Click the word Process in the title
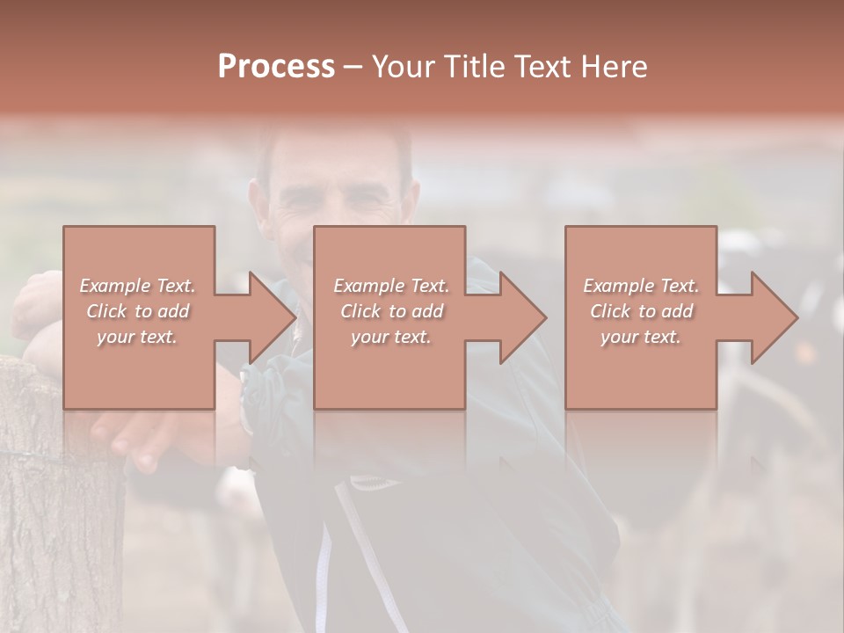pyautogui.click(x=276, y=66)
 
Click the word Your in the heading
pyautogui.click(x=402, y=66)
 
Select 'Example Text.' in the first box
pyautogui.click(x=137, y=286)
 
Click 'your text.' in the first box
pyautogui.click(x=137, y=337)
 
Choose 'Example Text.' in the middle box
pyautogui.click(x=391, y=286)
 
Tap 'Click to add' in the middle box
pyautogui.click(x=391, y=311)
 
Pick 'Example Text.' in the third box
pyautogui.click(x=641, y=286)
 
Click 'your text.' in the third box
pyautogui.click(x=641, y=337)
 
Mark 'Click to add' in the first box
pyautogui.click(x=137, y=311)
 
